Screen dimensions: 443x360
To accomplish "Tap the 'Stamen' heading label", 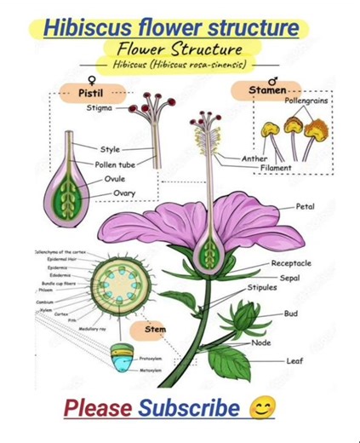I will pos(268,89).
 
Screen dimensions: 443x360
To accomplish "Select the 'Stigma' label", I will pos(100,108).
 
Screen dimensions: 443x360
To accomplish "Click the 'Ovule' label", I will pos(114,179).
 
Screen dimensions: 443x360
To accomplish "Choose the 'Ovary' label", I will pos(123,193).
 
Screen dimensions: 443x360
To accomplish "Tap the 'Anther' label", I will pos(254,158).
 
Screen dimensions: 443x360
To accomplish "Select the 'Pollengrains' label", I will pos(306,101).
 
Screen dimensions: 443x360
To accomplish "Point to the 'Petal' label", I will pos(305,206).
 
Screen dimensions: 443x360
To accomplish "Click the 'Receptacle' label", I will pos(291,264).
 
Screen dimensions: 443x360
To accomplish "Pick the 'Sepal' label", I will pos(289,278).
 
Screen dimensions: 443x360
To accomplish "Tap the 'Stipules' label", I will pos(262,288).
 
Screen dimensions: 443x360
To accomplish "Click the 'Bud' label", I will pos(291,314).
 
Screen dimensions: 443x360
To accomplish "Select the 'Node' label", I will pos(260,342).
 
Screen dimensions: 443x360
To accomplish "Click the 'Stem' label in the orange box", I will pos(154,328).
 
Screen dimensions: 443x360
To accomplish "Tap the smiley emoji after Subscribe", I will pos(263,408).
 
